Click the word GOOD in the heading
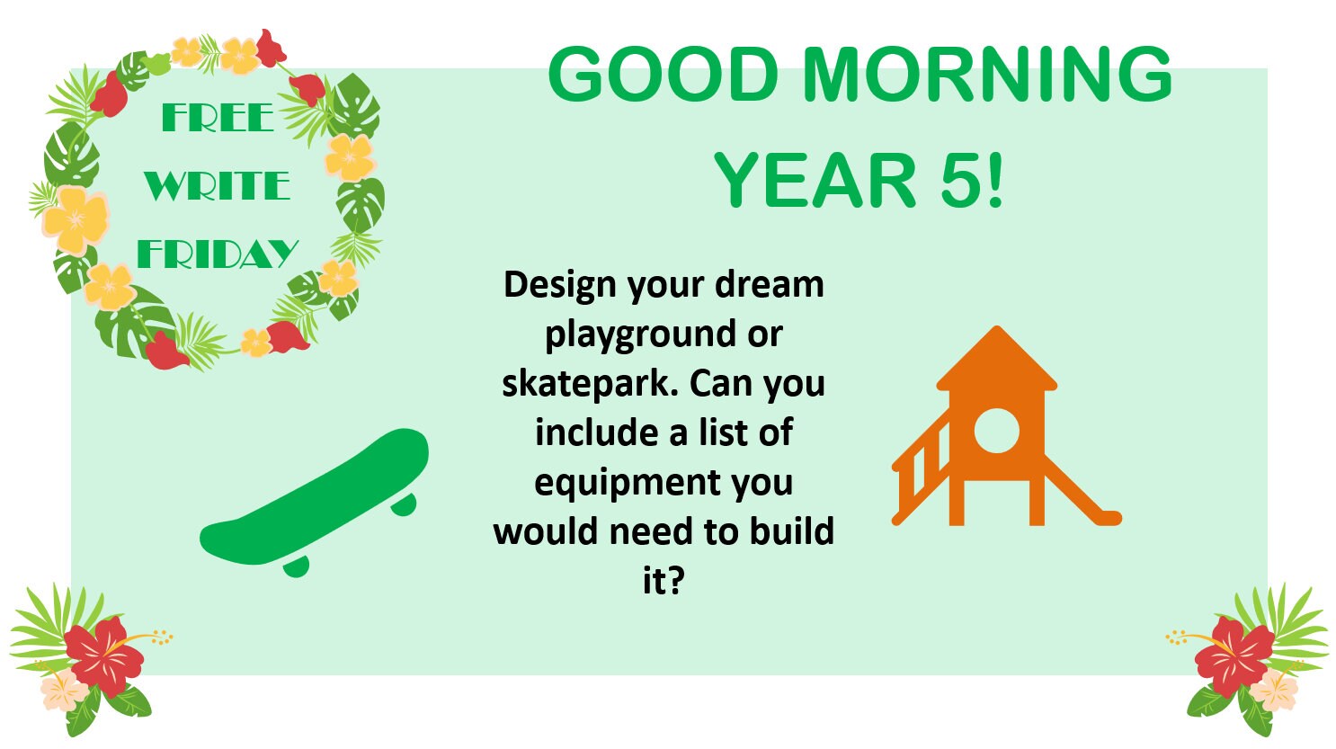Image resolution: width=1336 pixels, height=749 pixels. (x=663, y=75)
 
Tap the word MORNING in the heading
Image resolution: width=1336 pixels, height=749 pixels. (x=987, y=75)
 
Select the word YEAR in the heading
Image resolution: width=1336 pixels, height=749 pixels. (x=815, y=181)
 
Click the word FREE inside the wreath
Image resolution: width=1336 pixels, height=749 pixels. (x=218, y=118)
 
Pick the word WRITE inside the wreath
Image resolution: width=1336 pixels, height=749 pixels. (x=217, y=186)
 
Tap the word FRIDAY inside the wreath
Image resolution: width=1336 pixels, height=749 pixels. (x=218, y=254)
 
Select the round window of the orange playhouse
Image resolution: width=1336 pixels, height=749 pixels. (x=996, y=430)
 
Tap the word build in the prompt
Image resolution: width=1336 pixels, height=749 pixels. (x=792, y=531)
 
